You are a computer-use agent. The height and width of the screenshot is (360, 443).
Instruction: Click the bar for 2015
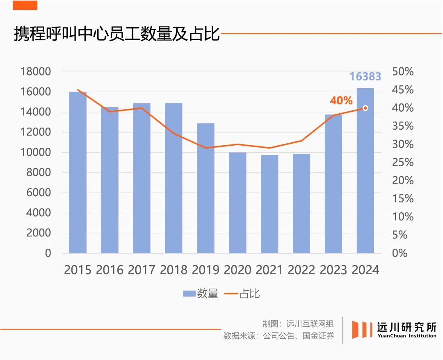coord(78,172)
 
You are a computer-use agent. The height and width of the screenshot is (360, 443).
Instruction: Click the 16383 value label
coord(365,77)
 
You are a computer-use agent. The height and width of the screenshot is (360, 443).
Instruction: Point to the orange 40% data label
coord(341,101)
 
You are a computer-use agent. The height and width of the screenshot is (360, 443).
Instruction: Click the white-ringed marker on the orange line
coord(365,108)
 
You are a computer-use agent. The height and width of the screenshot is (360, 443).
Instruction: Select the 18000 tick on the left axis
coord(36,72)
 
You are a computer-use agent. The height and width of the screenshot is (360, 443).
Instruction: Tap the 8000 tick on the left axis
coord(39,173)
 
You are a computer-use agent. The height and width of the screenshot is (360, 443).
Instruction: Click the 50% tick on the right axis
coord(403,72)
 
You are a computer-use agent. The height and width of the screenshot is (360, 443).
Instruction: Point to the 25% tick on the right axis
coord(403,163)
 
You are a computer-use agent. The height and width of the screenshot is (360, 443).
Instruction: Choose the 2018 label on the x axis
coord(174,270)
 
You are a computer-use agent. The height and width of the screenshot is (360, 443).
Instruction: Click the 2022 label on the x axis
coord(301,270)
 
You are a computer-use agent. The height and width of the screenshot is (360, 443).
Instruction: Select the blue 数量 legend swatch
coord(189,294)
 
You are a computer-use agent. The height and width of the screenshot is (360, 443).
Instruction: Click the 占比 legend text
coord(249,294)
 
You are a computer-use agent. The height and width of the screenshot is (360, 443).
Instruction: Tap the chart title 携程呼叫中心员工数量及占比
coord(117,34)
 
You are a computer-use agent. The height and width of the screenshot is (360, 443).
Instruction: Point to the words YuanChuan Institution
coord(407,336)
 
